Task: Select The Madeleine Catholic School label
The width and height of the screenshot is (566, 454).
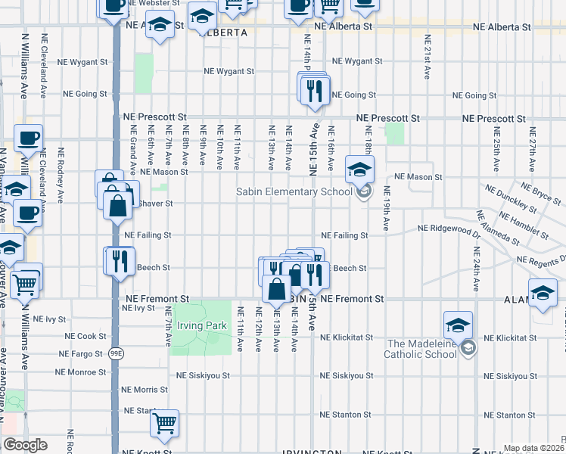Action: (422, 349)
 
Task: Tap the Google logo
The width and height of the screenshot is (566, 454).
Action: (25, 445)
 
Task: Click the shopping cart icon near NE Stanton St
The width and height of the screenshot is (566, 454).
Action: (164, 424)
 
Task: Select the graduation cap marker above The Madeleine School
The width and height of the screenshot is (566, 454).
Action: (458, 325)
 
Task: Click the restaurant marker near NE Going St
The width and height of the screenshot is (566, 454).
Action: (313, 89)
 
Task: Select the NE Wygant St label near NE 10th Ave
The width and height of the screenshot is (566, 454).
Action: (229, 72)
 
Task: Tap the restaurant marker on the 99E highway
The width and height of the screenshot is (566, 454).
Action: (119, 261)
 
